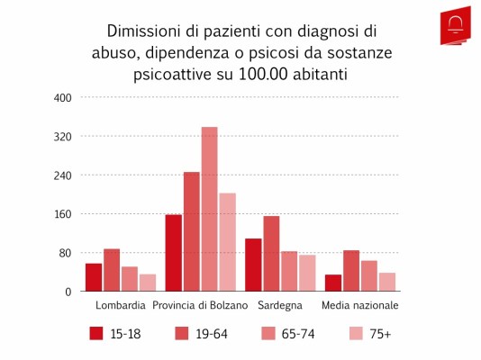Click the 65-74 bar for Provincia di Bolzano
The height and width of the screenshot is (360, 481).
point(209,210)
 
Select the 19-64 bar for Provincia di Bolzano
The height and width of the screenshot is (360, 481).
point(191,231)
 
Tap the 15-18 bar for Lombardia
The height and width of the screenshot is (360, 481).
point(94,277)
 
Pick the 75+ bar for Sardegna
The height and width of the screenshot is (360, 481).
point(307,273)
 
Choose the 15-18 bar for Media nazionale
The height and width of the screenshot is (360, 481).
point(333,283)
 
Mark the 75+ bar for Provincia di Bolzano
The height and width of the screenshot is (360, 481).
point(227,242)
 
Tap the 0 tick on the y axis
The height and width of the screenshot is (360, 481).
point(67,292)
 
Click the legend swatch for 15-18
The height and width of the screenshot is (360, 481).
point(96,333)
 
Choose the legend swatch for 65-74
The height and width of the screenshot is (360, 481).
point(268,333)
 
